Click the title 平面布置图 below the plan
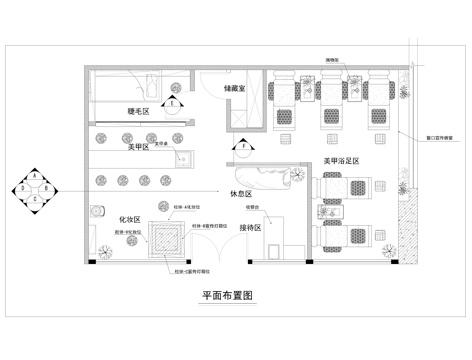[x=231, y=297]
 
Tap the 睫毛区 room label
[x=138, y=112]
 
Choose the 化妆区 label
[x=129, y=217]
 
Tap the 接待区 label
[x=250, y=228]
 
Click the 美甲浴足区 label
[x=341, y=160]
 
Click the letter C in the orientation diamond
[x=35, y=198]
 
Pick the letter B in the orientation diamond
[x=47, y=187]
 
